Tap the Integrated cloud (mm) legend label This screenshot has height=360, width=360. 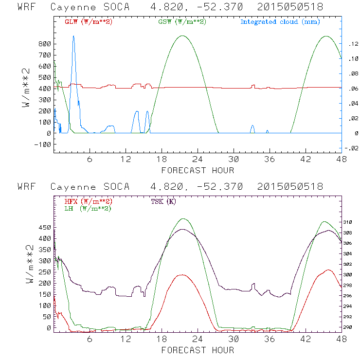click(x=280, y=22)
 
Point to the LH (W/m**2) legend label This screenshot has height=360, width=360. click(x=87, y=208)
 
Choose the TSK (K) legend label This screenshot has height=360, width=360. click(x=163, y=201)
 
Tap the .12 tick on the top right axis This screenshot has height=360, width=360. click(x=353, y=44)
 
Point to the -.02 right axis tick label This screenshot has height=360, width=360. click(x=352, y=149)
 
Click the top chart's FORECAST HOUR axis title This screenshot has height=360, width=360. click(x=198, y=170)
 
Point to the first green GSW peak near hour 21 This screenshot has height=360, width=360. click(x=182, y=36)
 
